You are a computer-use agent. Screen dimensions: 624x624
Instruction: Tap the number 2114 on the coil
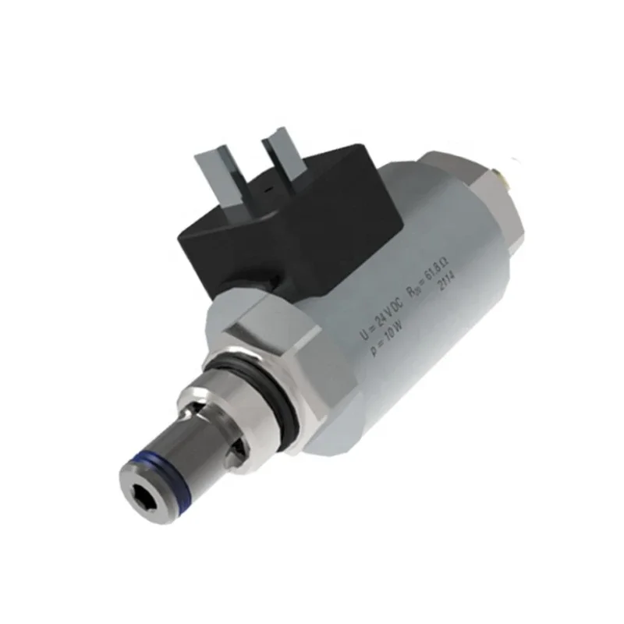tap(446, 288)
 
